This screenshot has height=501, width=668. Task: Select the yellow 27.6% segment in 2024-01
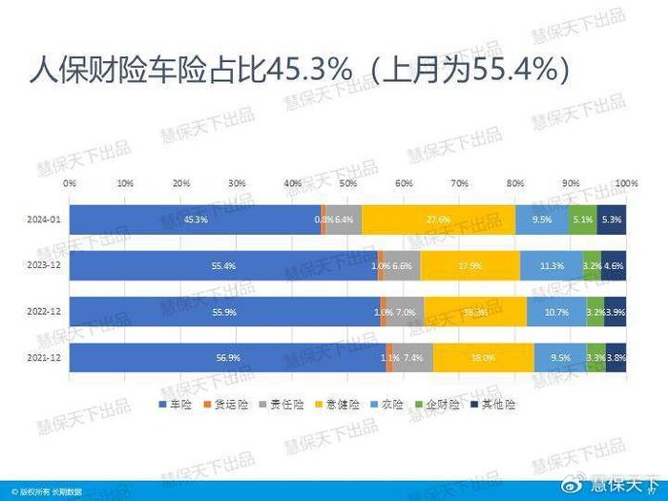click(439, 219)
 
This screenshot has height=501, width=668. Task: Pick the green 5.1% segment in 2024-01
click(582, 219)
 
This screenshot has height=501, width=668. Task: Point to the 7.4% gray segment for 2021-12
click(413, 358)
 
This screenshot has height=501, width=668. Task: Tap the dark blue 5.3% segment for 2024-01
click(612, 219)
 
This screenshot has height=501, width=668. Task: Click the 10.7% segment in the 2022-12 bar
click(556, 312)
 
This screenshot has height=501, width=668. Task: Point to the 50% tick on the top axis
click(347, 181)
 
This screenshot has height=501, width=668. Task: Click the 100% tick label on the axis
click(625, 181)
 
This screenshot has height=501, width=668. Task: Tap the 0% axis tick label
click(70, 181)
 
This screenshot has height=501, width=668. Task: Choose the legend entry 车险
click(176, 406)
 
